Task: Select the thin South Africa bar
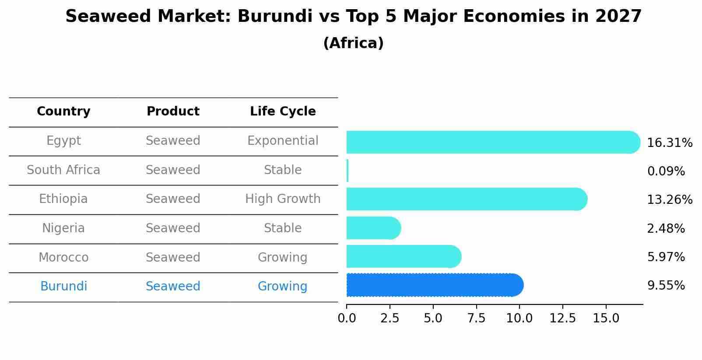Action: point(347,171)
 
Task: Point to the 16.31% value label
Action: point(669,143)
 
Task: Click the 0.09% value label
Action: point(666,171)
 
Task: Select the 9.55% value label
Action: point(666,286)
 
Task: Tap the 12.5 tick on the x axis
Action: point(562,318)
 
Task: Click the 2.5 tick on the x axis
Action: point(390,318)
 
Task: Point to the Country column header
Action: point(63,112)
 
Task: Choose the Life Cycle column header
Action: point(283,112)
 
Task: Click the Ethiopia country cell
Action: point(63,199)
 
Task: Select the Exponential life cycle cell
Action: point(283,141)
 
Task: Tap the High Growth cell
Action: point(283,199)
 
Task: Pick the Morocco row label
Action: point(63,257)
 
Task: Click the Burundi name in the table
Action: point(63,287)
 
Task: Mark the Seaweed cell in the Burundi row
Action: point(173,287)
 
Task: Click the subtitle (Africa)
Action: point(353,43)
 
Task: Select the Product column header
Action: point(173,112)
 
